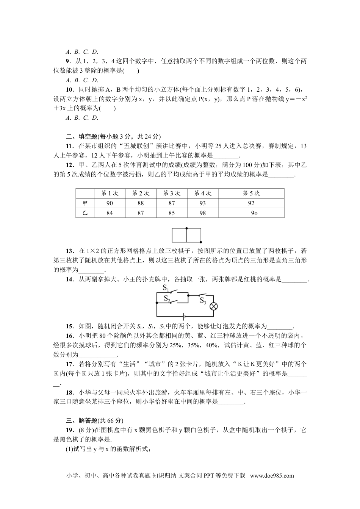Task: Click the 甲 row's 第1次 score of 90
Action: click(x=110, y=203)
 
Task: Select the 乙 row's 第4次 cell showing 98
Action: click(x=203, y=213)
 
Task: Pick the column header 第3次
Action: click(x=172, y=193)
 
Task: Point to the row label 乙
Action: click(x=85, y=213)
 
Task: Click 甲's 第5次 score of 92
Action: click(x=251, y=203)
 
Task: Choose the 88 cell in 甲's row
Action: click(x=141, y=203)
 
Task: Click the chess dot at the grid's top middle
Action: click(x=186, y=228)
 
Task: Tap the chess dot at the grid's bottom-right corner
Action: click(x=200, y=242)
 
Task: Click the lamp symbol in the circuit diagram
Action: click(x=214, y=306)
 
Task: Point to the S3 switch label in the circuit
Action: click(x=203, y=301)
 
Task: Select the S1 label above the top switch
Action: click(x=166, y=288)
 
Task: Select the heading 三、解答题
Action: click(x=82, y=420)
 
